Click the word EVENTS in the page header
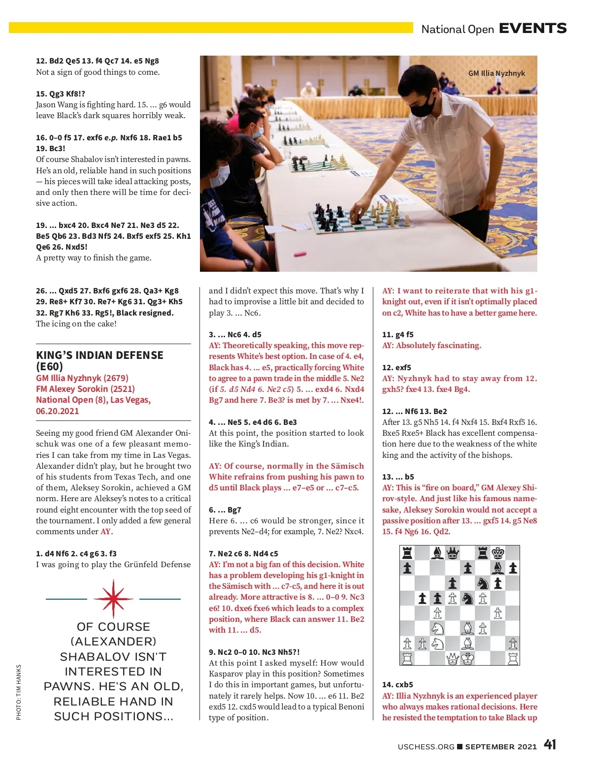[x=532, y=29]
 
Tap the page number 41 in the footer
[x=550, y=744]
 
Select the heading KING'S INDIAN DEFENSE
[x=99, y=355]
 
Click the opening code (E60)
[x=49, y=366]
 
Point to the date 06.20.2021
[x=57, y=411]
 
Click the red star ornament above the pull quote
[x=113, y=599]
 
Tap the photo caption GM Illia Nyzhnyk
[x=496, y=73]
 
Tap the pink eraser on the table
[x=299, y=255]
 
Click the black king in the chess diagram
[x=498, y=553]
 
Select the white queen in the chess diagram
[x=452, y=658]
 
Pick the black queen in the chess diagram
[x=452, y=553]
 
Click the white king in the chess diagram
[x=467, y=658]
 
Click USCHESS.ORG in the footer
[x=426, y=747]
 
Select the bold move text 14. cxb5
[x=397, y=685]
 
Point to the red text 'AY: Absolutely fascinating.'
[x=431, y=346]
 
